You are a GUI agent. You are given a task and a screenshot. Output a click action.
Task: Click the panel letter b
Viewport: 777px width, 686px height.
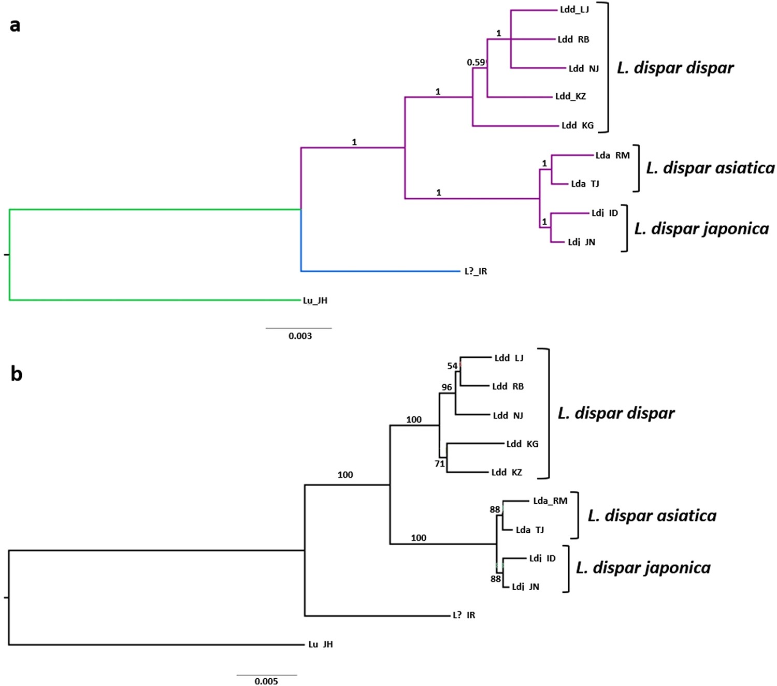click(x=16, y=373)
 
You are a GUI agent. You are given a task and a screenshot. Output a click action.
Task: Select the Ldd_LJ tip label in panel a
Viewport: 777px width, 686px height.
click(x=574, y=10)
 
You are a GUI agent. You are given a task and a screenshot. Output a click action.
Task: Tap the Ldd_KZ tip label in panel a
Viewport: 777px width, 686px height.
click(x=570, y=96)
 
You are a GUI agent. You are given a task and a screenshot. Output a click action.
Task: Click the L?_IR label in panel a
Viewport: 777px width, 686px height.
click(x=476, y=271)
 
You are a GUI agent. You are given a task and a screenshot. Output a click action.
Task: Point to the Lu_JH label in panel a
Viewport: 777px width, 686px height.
click(x=315, y=300)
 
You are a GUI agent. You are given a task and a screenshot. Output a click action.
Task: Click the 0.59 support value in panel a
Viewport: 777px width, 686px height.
click(x=476, y=63)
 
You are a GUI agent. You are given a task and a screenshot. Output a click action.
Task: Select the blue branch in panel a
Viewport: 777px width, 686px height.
click(x=378, y=270)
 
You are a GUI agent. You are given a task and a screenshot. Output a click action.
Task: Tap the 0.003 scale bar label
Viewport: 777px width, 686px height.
click(x=300, y=336)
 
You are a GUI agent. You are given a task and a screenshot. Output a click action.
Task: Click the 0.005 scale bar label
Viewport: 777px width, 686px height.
click(x=266, y=681)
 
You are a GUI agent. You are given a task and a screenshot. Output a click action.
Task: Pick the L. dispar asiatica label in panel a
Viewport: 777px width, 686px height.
click(x=710, y=168)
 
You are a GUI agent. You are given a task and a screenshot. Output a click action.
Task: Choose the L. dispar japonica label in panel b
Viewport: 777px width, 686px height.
click(x=643, y=567)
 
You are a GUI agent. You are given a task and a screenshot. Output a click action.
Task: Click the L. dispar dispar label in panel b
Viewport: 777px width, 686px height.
click(x=616, y=413)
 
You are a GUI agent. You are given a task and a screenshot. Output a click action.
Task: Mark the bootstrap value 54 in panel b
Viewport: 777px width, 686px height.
click(x=452, y=366)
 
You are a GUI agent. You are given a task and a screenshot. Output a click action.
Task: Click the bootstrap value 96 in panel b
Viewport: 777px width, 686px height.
click(x=447, y=387)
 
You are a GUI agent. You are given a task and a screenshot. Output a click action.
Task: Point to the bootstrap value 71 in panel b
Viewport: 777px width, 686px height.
click(x=439, y=464)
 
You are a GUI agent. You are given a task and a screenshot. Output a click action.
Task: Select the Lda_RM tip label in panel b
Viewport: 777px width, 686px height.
click(x=550, y=501)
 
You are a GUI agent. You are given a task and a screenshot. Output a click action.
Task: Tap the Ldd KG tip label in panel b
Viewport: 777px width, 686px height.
click(x=522, y=444)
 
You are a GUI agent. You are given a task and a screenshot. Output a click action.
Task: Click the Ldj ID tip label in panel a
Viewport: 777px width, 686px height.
click(x=605, y=213)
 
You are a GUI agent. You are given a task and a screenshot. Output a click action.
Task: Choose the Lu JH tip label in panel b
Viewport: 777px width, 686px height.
click(x=320, y=644)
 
